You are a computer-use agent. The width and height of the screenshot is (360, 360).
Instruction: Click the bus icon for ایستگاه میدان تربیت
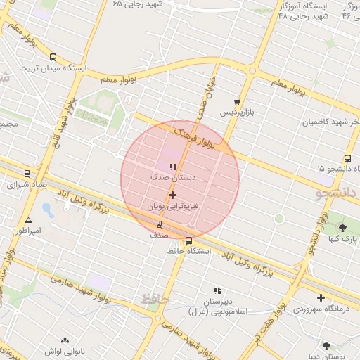53,58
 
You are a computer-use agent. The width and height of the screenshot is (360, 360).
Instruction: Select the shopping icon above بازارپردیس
237,102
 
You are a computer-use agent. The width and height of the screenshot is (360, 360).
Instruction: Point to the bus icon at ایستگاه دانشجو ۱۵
347,158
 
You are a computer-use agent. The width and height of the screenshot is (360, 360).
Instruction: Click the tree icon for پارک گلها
342,227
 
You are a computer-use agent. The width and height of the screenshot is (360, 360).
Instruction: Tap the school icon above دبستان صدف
173,167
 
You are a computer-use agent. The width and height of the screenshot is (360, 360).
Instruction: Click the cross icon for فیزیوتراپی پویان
173,195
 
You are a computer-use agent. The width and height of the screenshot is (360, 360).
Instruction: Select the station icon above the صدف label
159,225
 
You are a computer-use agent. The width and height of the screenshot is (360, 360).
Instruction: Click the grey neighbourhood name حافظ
156,300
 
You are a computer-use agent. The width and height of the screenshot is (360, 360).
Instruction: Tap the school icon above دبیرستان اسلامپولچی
217,290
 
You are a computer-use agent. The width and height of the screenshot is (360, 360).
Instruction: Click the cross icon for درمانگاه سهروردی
321,297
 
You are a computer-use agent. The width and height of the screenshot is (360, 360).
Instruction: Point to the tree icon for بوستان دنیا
327,345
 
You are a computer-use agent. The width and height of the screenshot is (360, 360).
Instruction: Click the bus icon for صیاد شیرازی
27,173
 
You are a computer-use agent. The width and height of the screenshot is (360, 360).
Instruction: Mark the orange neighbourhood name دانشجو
337,192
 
